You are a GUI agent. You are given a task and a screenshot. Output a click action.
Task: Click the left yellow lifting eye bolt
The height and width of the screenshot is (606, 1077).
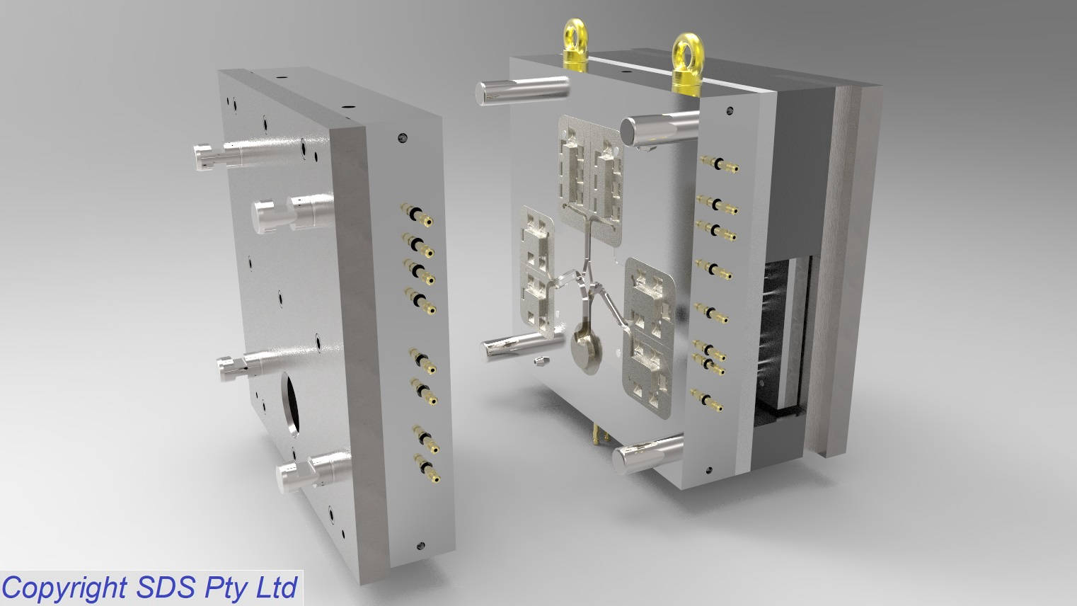click(x=575, y=46)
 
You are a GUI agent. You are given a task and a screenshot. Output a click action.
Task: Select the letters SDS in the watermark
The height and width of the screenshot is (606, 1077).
click(x=166, y=588)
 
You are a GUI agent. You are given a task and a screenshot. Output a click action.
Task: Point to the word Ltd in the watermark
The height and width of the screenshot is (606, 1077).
click(x=277, y=588)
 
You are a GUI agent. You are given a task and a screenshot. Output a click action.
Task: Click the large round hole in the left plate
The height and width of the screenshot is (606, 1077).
click(x=290, y=404)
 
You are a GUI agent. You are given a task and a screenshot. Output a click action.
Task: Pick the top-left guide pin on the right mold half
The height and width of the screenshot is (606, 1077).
click(x=523, y=91)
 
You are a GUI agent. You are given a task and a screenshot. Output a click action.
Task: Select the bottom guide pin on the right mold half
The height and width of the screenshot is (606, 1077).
click(x=648, y=454)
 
